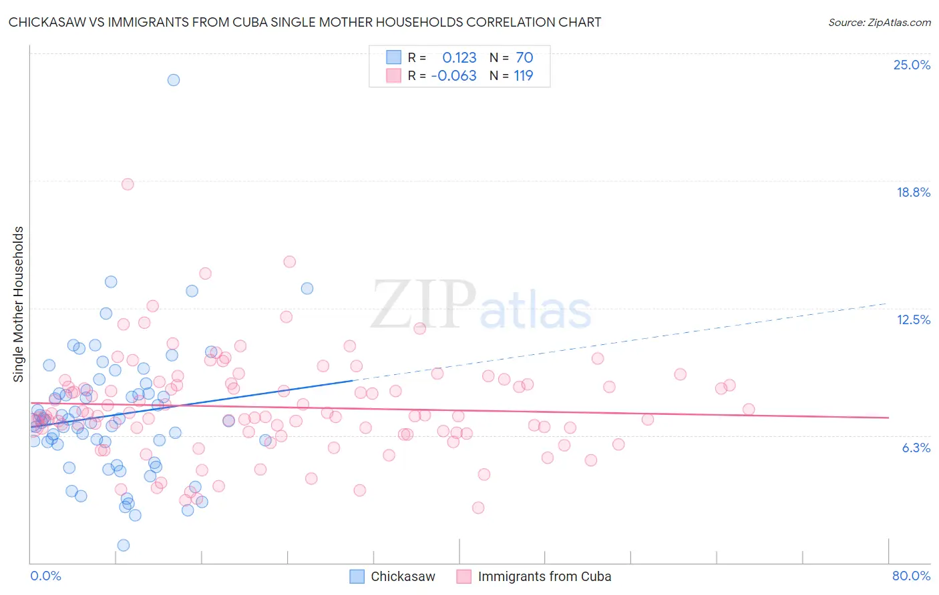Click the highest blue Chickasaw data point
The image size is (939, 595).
pyautogui.click(x=174, y=80)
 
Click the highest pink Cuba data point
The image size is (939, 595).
pyautogui.click(x=128, y=184)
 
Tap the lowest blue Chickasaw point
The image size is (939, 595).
pyautogui.click(x=124, y=545)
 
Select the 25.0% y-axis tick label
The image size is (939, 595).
pyautogui.click(x=912, y=65)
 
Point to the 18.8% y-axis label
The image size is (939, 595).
pyautogui.click(x=913, y=192)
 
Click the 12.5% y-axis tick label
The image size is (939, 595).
pyautogui.click(x=913, y=320)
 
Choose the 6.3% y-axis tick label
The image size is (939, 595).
pyautogui.click(x=916, y=448)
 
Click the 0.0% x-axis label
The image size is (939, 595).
pyautogui.click(x=46, y=576)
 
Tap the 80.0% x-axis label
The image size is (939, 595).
pyautogui.click(x=911, y=576)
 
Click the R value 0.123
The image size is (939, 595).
pyautogui.click(x=459, y=57)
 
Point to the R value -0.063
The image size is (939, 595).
pyautogui.click(x=454, y=75)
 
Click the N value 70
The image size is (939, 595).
pyautogui.click(x=524, y=57)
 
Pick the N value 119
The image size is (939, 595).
pyautogui.click(x=524, y=75)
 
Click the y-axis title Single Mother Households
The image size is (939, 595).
pyautogui.click(x=19, y=304)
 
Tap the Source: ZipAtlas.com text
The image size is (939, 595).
pyautogui.click(x=879, y=22)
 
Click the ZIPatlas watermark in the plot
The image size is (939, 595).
pyautogui.click(x=481, y=306)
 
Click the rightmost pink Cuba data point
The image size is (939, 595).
pyautogui.click(x=749, y=410)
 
